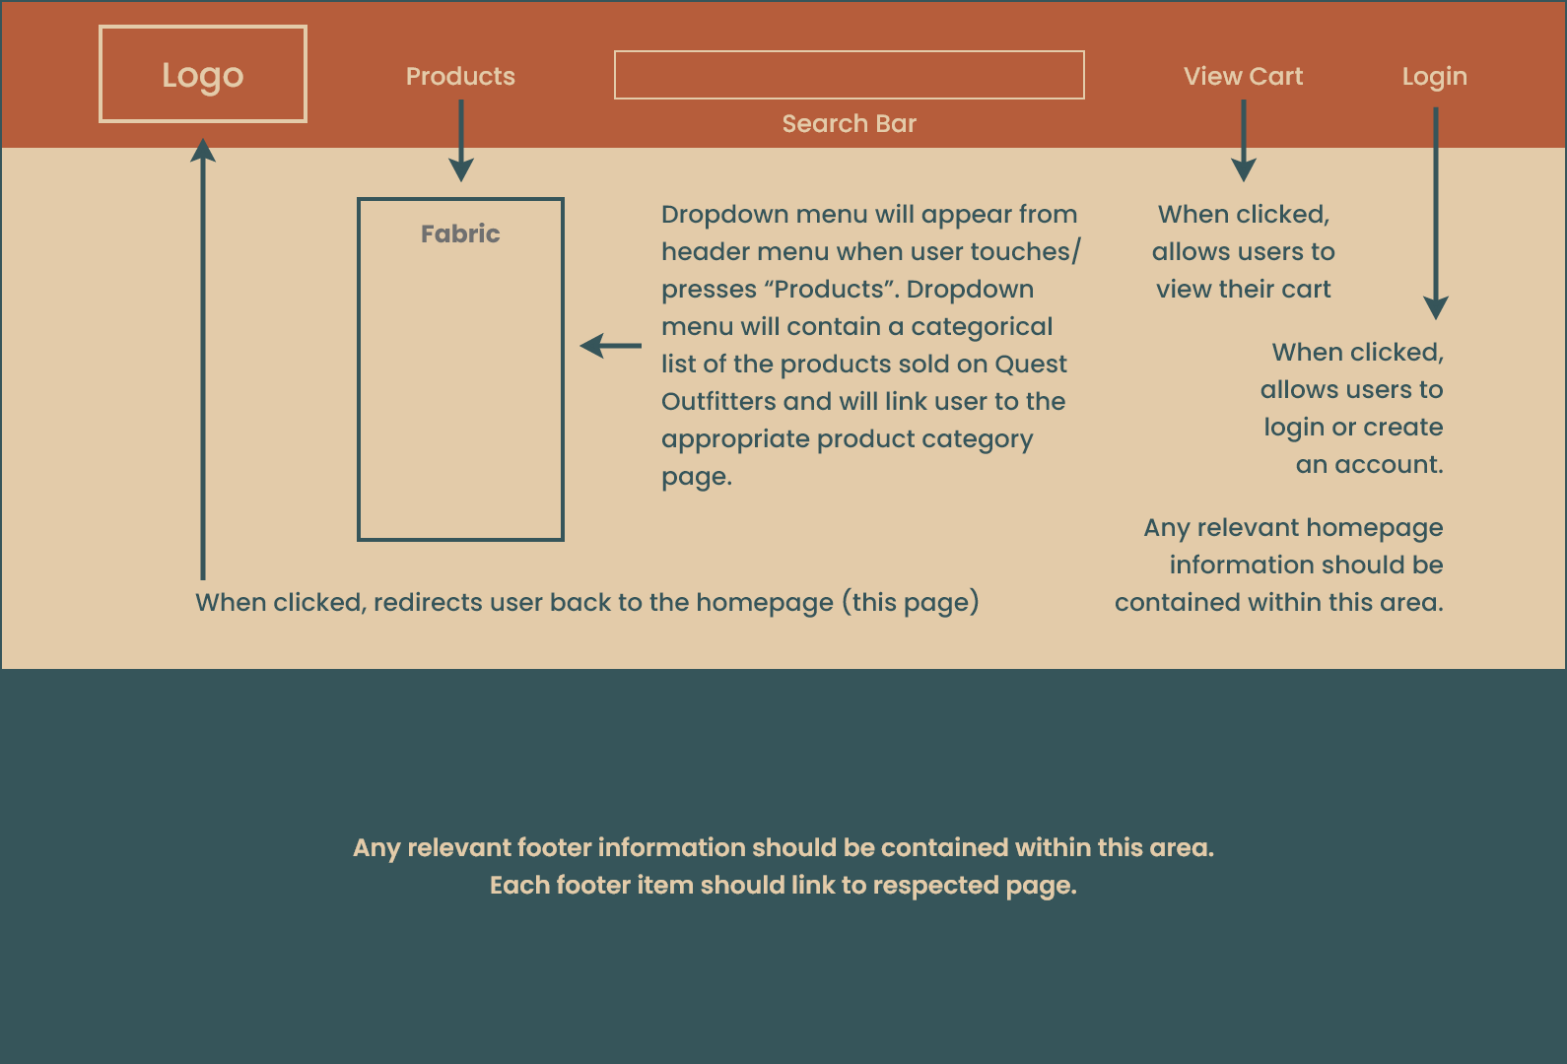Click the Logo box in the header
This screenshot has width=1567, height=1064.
tap(203, 75)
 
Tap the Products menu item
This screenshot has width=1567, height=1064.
tap(460, 77)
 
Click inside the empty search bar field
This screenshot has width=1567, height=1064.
tap(849, 75)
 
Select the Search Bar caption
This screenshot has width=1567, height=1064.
tap(849, 124)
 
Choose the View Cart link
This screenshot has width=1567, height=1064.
tap(1243, 77)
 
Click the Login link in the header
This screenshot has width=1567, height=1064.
tap(1434, 77)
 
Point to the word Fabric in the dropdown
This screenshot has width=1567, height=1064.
tap(460, 233)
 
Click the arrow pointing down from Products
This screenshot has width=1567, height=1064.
tap(460, 142)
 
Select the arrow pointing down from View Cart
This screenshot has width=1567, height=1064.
tap(1244, 142)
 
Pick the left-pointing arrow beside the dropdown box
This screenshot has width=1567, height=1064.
tap(610, 346)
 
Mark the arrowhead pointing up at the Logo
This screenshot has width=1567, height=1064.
tap(203, 150)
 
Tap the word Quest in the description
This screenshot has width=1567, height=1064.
tap(1030, 365)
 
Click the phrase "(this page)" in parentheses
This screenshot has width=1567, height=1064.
tap(910, 603)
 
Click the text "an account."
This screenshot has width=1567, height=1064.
tap(1369, 465)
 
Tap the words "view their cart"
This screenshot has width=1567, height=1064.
tap(1243, 290)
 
